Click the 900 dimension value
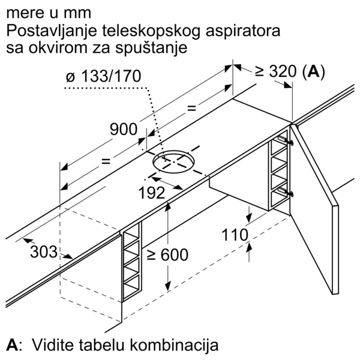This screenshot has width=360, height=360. (x=124, y=128)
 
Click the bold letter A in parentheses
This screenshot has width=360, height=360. (x=312, y=73)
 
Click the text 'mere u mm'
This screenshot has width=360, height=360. (x=41, y=12)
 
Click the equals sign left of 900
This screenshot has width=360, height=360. (x=106, y=161)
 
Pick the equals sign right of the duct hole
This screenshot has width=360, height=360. (x=191, y=109)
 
